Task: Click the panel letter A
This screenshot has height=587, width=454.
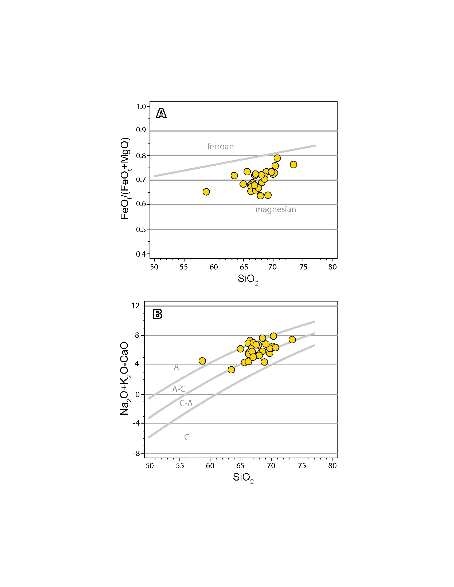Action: [161, 113]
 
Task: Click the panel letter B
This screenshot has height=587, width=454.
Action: [157, 314]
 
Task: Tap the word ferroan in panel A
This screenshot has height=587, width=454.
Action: [220, 146]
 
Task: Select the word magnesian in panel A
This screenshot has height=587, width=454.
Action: [275, 209]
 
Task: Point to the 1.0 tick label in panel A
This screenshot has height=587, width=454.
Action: [141, 107]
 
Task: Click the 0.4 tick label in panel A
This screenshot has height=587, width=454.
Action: [141, 254]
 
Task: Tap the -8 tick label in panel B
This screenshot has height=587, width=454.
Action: [136, 453]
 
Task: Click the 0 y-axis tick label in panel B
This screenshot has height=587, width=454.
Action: [138, 394]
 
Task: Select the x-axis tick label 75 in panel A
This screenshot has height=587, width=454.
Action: [303, 267]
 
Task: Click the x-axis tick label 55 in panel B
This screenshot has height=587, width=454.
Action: [180, 466]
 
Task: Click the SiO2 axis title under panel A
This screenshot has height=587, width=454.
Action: [248, 280]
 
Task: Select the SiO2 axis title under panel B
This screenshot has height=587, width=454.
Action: [243, 478]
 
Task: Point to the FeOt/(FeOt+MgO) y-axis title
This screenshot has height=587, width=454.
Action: [125, 179]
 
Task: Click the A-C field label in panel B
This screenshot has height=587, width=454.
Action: [179, 389]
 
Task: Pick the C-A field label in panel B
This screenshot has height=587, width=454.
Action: [186, 403]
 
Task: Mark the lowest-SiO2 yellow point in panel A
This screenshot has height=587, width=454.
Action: [206, 192]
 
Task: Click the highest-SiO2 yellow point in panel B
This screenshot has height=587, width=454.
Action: [292, 340]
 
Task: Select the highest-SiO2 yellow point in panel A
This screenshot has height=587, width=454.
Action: [293, 164]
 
